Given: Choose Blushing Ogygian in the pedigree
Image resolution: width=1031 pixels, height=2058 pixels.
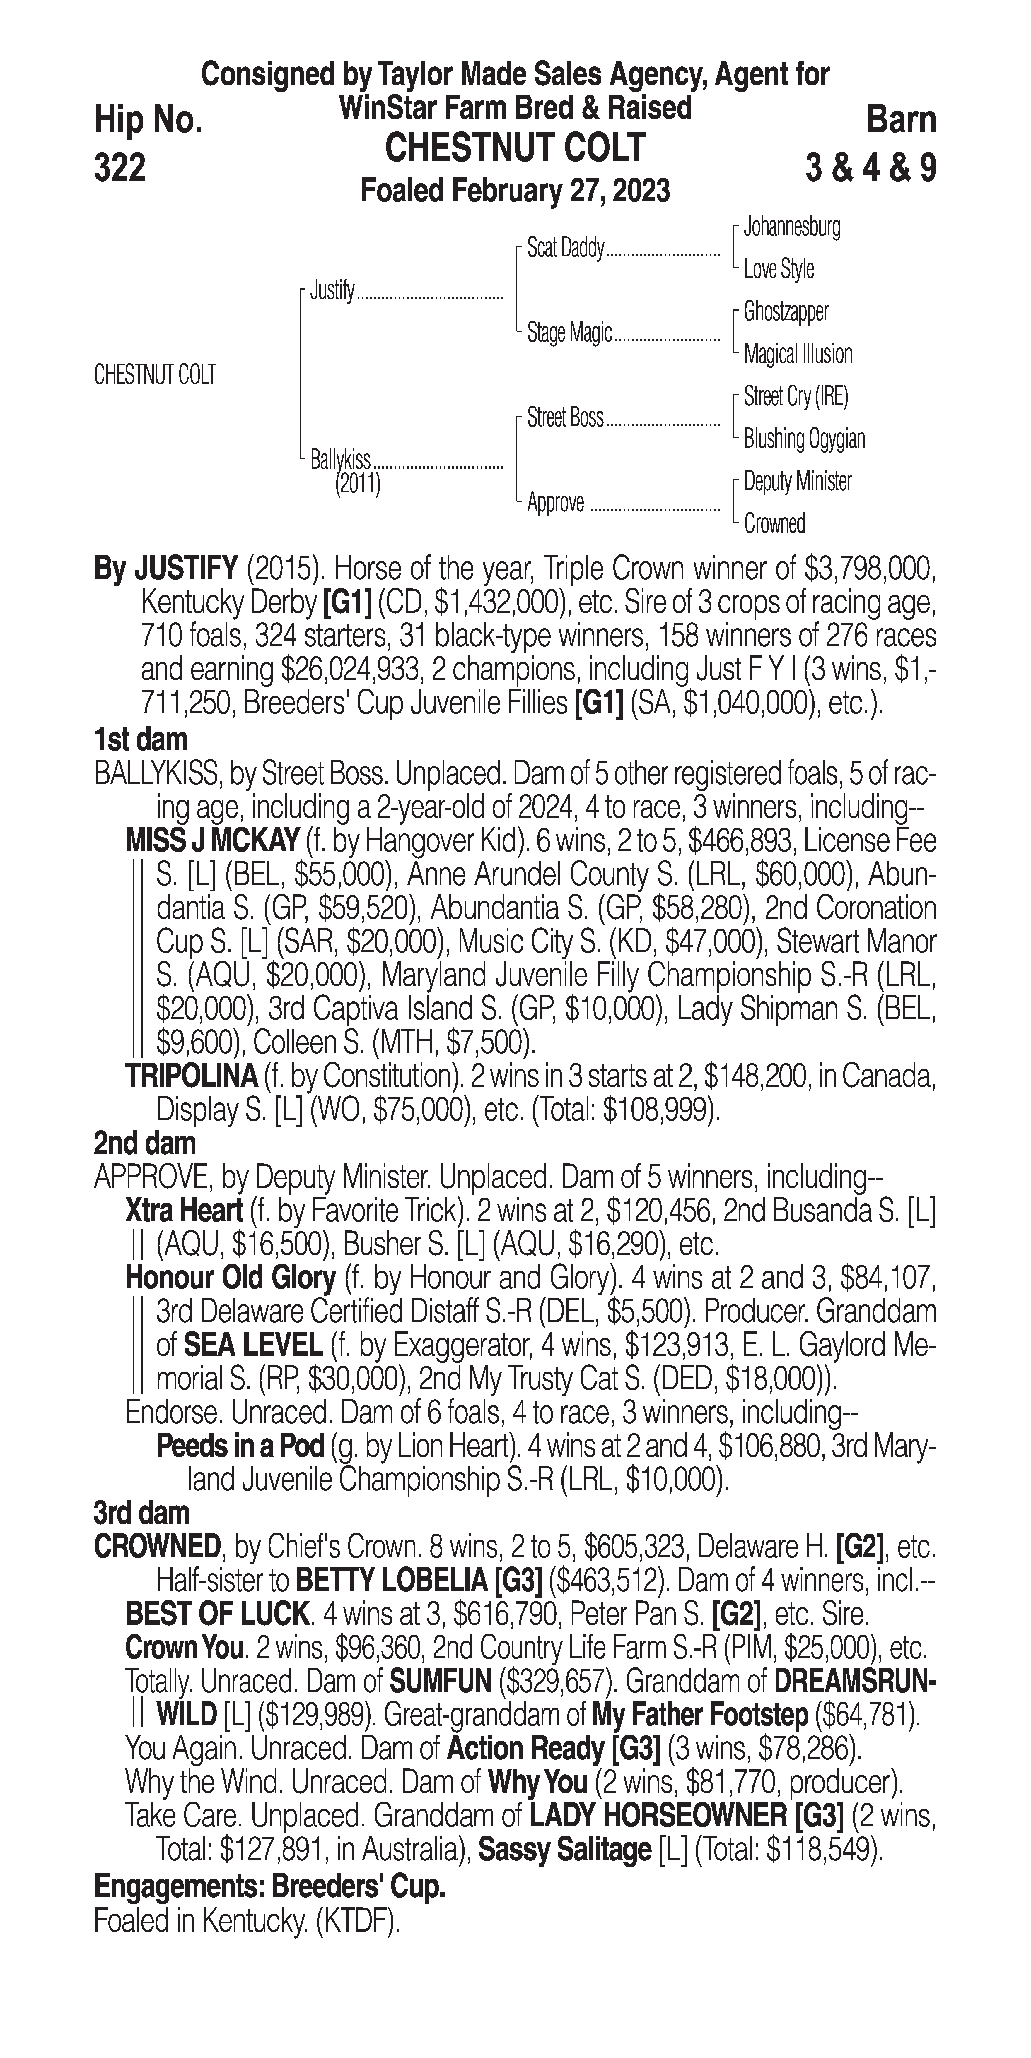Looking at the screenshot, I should [x=803, y=439].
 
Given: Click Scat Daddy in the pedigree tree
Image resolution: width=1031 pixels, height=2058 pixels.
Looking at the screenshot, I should [x=565, y=249].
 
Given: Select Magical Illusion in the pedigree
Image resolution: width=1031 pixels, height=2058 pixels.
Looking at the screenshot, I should [x=798, y=354].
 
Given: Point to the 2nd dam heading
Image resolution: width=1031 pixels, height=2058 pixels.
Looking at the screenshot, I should [x=145, y=1143].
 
